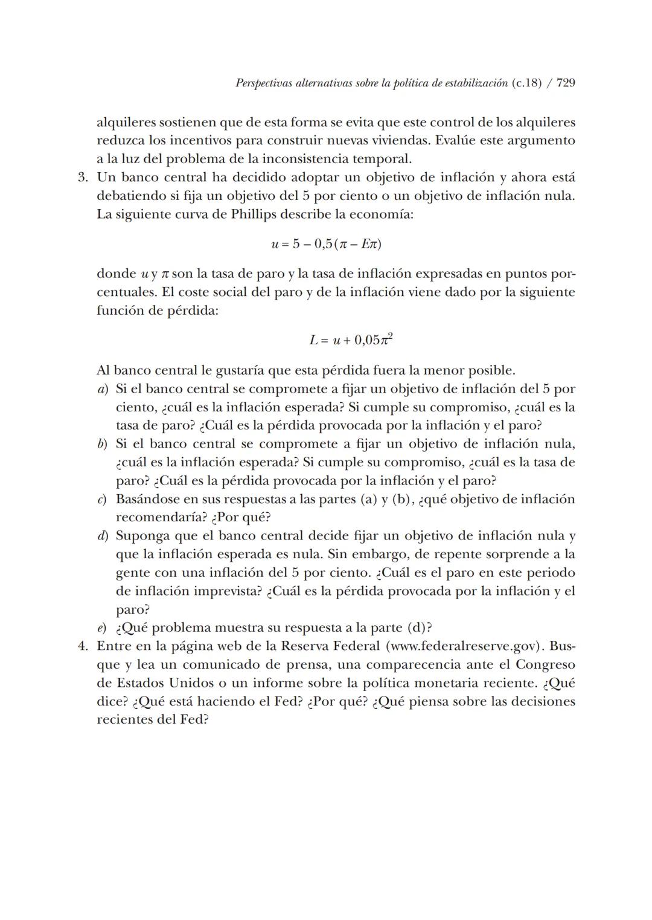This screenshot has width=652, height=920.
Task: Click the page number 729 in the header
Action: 565,83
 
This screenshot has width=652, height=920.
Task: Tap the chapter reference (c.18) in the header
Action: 526,83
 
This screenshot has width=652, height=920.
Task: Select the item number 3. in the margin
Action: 83,178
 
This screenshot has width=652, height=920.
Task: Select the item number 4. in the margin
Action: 83,646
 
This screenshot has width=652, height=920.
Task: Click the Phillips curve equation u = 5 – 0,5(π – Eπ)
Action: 327,245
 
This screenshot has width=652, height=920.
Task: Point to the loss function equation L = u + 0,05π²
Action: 351,339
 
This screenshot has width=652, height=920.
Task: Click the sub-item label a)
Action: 103,389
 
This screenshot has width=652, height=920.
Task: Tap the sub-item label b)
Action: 103,444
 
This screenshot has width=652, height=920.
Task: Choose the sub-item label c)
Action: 103,500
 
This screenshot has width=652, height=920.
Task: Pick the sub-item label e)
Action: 103,628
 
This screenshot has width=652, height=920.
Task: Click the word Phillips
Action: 256,214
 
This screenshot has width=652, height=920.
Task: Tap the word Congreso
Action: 545,664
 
